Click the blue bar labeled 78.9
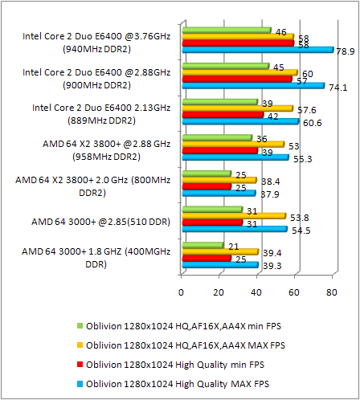pyautogui.click(x=257, y=50)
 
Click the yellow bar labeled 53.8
pyautogui.click(x=234, y=215)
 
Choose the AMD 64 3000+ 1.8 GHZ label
pyautogui.click(x=96, y=257)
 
